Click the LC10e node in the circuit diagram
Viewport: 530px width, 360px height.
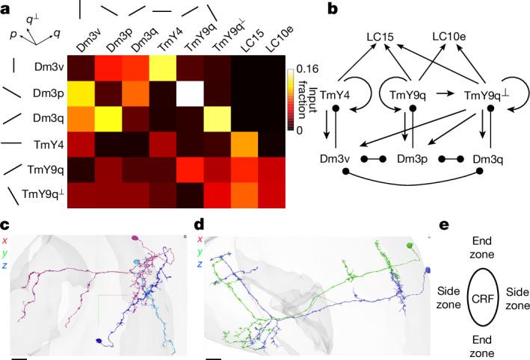[452, 35]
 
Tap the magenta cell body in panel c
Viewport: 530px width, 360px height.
[136, 239]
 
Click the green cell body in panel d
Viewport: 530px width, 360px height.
[410, 245]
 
